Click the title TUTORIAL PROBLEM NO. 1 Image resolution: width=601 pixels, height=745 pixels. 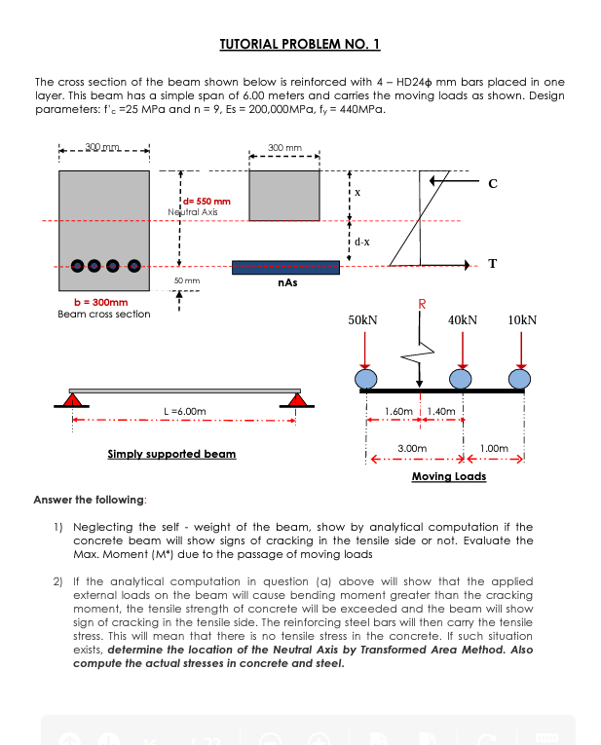coord(299,45)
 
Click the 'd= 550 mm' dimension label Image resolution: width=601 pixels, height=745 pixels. coord(207,201)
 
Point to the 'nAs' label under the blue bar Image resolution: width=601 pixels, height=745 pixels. coord(287,282)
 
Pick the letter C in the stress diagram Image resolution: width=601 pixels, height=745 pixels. coord(492,182)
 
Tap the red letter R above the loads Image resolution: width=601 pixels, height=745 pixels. coord(422,304)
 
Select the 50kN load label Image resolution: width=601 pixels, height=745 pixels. coord(362,319)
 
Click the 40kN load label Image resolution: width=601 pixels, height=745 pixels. coord(462,319)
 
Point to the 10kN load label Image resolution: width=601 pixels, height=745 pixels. coord(522,319)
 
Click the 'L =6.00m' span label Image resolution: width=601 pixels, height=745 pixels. coord(184,412)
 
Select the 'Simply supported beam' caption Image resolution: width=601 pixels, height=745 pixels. coord(170,455)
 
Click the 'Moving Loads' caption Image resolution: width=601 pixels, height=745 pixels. coord(449,476)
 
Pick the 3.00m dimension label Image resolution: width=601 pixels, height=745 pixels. coord(412,447)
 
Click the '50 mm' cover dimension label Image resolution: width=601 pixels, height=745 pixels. coord(186,279)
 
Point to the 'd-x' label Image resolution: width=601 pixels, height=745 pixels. coord(361,241)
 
